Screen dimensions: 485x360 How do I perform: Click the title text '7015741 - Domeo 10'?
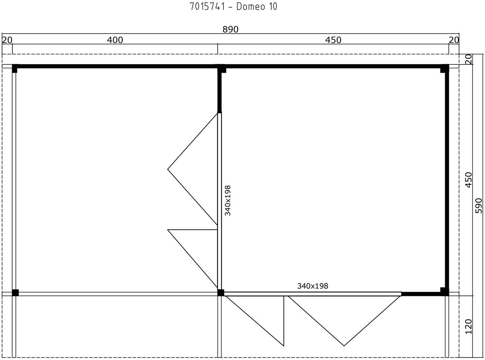click(233, 7)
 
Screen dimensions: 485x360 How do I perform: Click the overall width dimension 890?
click(230, 29)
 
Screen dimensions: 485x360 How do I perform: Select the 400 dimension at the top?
click(115, 40)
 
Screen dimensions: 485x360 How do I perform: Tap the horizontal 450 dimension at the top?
click(333, 40)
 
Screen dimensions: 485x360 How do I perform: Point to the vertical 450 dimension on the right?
click(469, 180)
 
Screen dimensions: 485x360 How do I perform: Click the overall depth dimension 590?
click(479, 205)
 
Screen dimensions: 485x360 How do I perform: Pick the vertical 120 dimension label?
click(469, 326)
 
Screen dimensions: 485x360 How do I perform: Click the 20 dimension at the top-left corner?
click(7, 40)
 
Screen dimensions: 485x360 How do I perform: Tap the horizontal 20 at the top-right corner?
click(454, 40)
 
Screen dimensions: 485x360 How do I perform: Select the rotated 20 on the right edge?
click(469, 59)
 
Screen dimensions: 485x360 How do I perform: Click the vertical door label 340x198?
click(228, 201)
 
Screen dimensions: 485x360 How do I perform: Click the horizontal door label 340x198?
click(313, 286)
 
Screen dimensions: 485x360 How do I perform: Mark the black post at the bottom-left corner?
click(15, 293)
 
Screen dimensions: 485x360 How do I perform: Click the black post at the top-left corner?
click(15, 69)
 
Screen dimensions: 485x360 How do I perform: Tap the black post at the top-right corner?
click(444, 69)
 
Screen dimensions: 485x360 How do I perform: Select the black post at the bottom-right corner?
click(444, 292)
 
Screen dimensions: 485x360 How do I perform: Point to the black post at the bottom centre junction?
click(221, 293)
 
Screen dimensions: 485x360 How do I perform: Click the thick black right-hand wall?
click(447, 180)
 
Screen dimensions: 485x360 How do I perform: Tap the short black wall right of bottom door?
click(421, 294)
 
